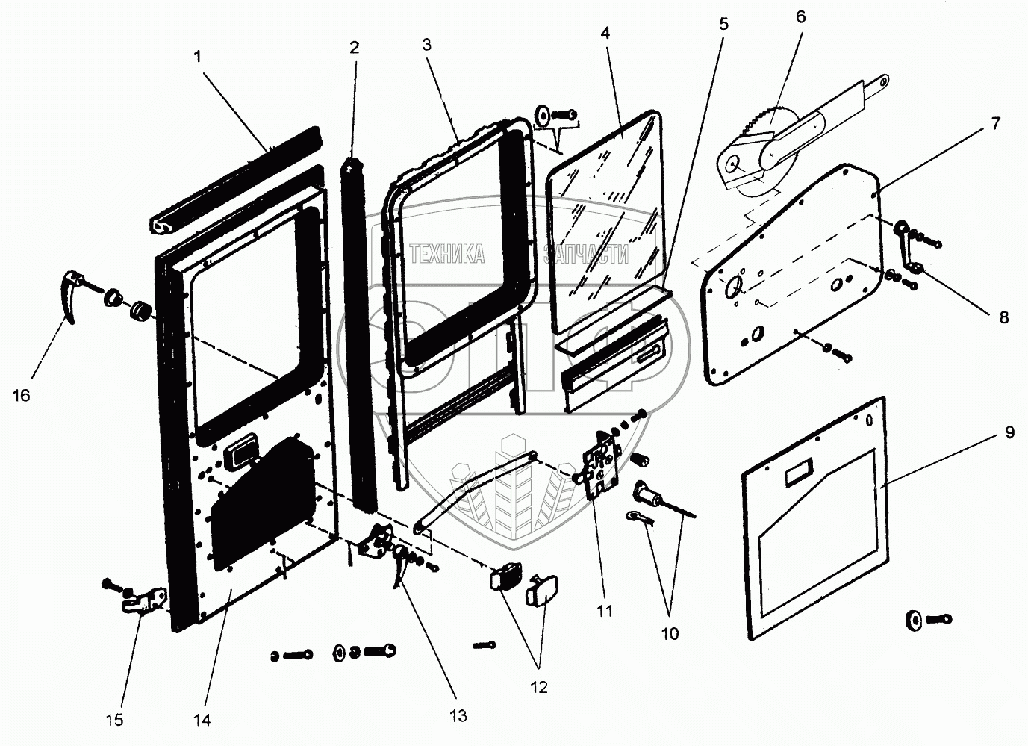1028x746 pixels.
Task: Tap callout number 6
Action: pos(801,16)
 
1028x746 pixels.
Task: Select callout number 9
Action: pos(1009,432)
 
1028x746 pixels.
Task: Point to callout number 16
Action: pos(22,395)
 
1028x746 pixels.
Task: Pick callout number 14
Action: pos(202,720)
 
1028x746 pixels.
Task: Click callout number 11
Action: pos(605,611)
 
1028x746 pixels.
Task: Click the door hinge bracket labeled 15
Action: pos(144,599)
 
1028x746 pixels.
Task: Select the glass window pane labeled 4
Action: pos(605,217)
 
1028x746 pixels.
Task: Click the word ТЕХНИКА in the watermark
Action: pos(447,255)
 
